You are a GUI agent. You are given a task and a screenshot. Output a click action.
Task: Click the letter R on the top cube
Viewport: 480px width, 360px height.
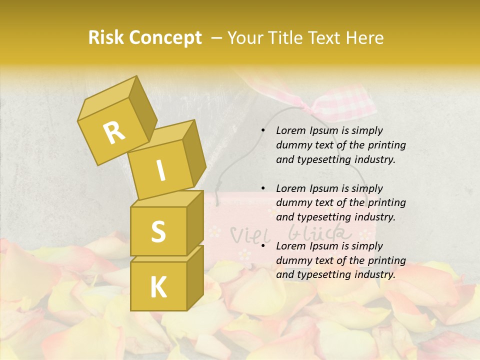point(114,132)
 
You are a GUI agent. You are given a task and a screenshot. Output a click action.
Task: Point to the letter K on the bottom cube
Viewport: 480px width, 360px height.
point(158,287)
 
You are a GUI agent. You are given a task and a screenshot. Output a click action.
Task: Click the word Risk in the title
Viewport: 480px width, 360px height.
point(105,38)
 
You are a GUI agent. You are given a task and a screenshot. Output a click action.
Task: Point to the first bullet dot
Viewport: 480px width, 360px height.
point(263,130)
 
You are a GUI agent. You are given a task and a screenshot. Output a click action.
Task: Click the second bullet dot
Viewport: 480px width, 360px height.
point(263,188)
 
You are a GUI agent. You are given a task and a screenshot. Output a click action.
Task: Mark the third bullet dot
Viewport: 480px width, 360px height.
point(263,246)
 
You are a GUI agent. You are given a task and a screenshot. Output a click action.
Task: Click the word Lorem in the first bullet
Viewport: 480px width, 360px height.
point(290,130)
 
